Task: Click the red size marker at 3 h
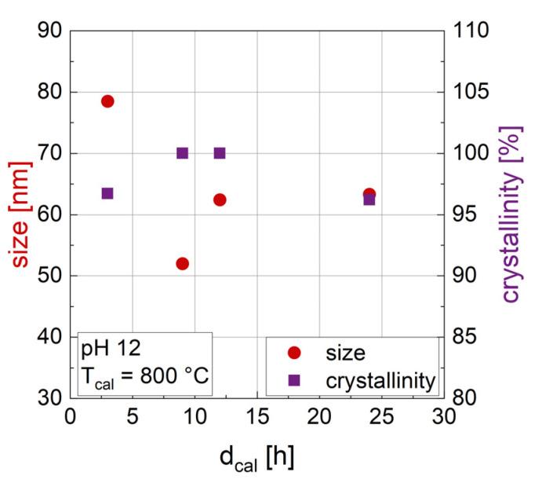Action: (107, 101)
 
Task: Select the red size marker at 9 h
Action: (182, 264)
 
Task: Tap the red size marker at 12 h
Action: (220, 199)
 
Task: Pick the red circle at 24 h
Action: (369, 194)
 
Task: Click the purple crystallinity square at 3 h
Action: (107, 193)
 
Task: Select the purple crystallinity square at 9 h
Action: (182, 153)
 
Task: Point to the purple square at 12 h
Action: (220, 153)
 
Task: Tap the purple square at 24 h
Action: (369, 200)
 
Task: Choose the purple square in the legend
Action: (293, 380)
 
